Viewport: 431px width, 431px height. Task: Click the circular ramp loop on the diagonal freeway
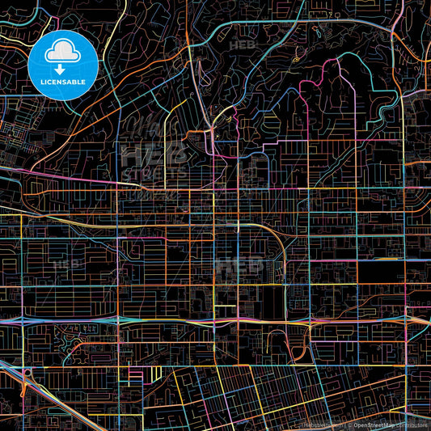pos(27,374)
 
